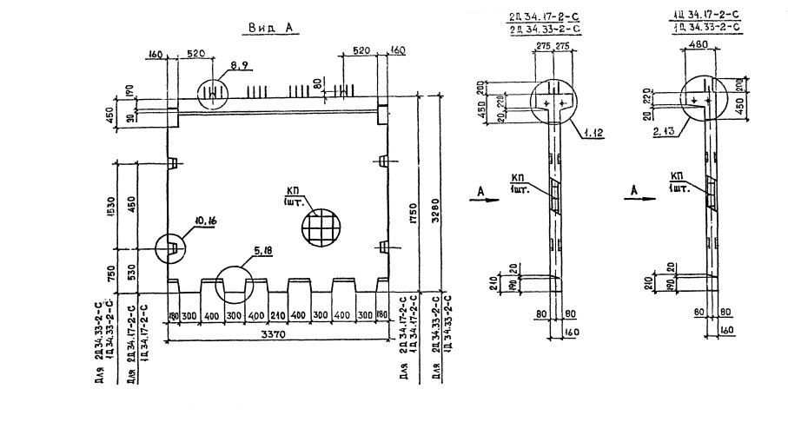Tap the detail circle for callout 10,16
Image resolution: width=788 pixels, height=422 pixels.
(x=171, y=249)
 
